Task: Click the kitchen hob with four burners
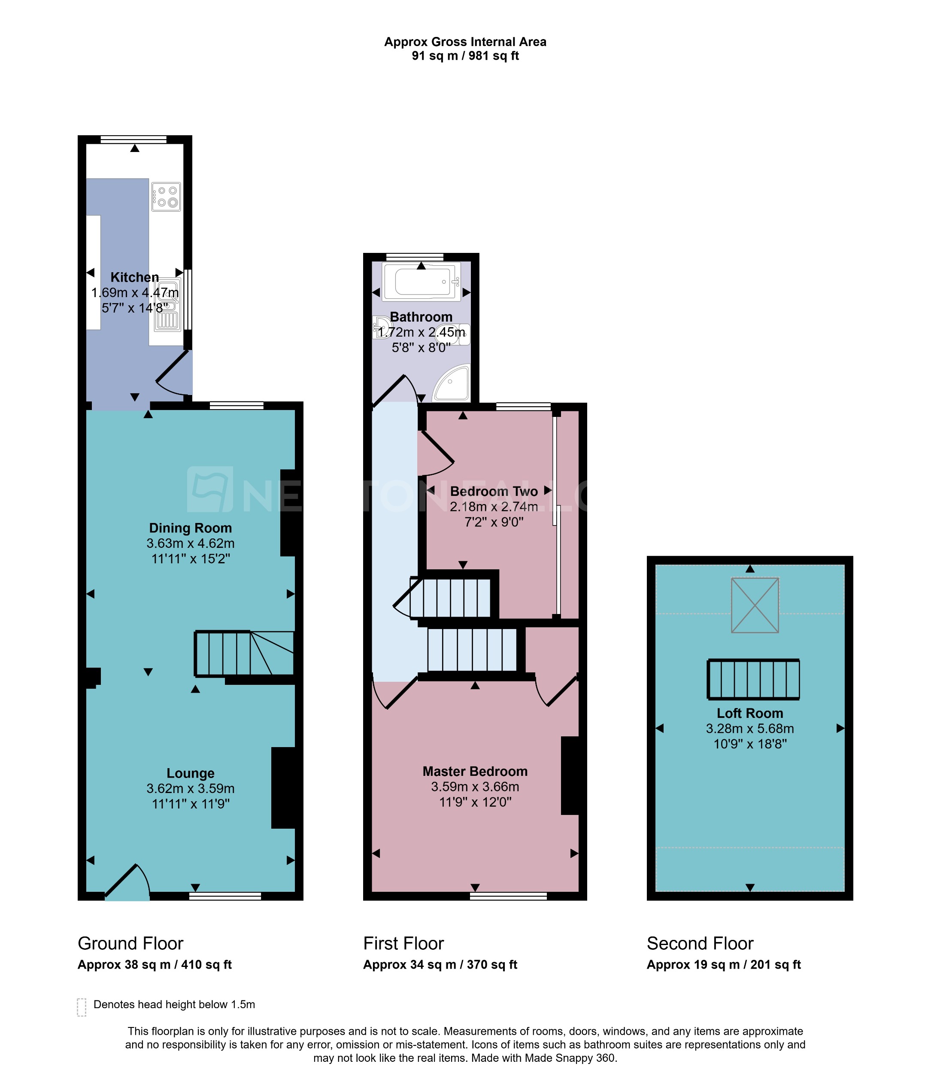(x=166, y=196)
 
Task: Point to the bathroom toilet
(x=455, y=334)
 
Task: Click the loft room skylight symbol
(x=755, y=605)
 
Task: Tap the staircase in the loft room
(x=753, y=679)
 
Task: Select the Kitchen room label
(x=135, y=277)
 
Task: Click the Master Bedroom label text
(x=475, y=771)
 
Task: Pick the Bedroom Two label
(x=494, y=491)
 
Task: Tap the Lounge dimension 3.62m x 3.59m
(x=191, y=788)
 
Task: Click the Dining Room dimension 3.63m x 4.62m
(x=191, y=543)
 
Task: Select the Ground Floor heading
(x=130, y=944)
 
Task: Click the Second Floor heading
(x=700, y=944)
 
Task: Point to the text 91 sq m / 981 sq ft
(x=465, y=56)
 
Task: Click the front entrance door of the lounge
(x=128, y=882)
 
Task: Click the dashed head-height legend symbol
(x=82, y=1007)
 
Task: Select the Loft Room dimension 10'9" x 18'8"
(x=750, y=744)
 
